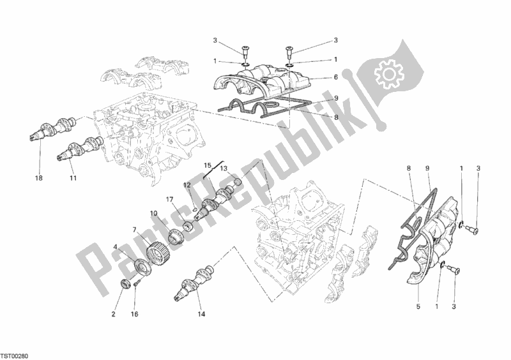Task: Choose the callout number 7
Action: [135, 229]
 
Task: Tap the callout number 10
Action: [154, 213]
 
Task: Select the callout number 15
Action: [207, 165]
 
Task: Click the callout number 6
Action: [335, 77]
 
